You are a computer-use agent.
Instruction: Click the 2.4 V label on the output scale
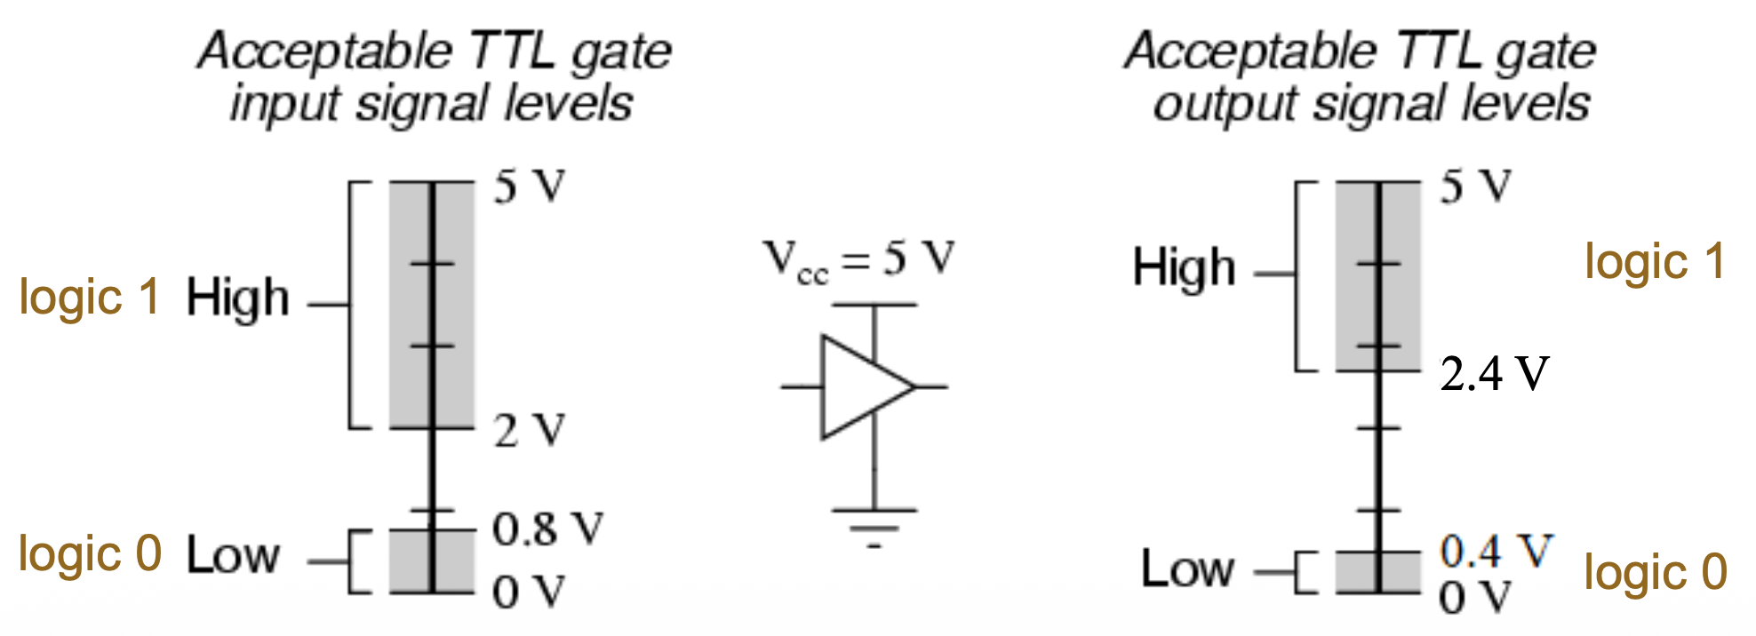tap(1495, 374)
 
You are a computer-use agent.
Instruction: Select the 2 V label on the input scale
tap(530, 431)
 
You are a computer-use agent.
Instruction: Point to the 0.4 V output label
tap(1496, 552)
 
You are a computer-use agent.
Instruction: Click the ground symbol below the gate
tap(874, 525)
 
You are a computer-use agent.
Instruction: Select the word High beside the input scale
tap(237, 298)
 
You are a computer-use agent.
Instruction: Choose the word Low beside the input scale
tap(233, 557)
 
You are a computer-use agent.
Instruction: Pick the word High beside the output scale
tap(1184, 267)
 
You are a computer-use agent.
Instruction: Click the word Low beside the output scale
tap(1187, 568)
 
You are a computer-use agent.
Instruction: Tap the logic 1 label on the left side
tap(89, 298)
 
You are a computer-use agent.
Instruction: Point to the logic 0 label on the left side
tap(90, 555)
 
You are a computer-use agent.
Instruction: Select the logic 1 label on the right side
tap(1655, 263)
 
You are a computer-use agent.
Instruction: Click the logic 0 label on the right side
tap(1656, 573)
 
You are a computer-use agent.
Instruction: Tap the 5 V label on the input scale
tap(530, 187)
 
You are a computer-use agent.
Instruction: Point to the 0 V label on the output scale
tap(1475, 598)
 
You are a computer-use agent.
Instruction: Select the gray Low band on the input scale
tap(432, 561)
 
